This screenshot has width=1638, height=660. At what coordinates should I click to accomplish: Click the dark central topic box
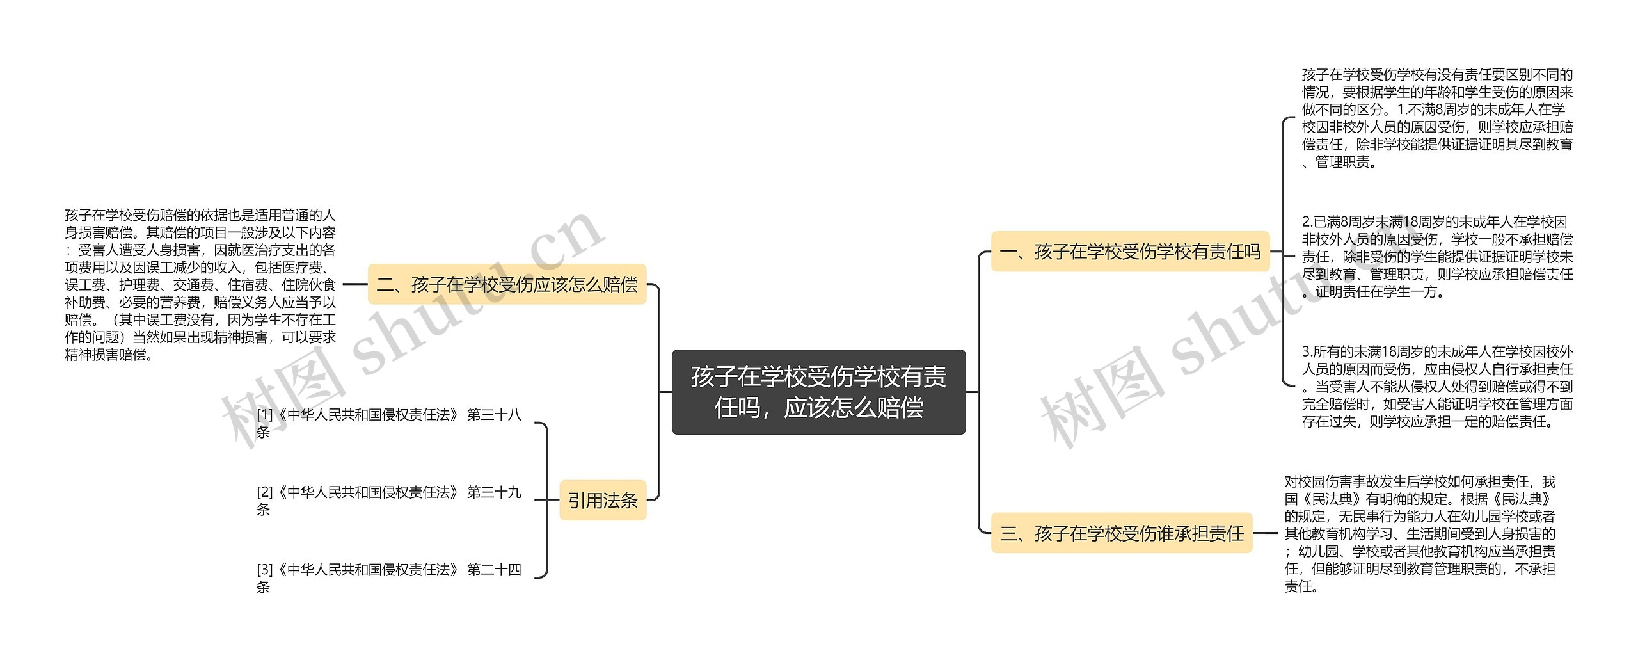coord(818,392)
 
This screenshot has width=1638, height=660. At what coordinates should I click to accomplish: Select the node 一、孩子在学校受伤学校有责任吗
coord(1130,252)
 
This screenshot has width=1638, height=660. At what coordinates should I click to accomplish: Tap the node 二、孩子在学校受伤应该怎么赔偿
coord(507,284)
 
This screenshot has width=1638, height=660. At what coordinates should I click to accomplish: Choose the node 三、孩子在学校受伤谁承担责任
coord(1121,533)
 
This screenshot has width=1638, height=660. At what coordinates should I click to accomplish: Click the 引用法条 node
coord(603,500)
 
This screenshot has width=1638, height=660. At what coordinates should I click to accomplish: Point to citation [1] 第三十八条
coord(388,423)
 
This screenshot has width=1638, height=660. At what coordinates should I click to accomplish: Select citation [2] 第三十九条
coord(388,500)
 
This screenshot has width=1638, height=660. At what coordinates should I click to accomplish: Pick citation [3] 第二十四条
coord(388,577)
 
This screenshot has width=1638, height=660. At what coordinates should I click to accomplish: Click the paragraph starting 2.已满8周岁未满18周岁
coord(1436,257)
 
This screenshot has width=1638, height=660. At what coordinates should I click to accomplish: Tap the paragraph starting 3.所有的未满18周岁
coord(1436,386)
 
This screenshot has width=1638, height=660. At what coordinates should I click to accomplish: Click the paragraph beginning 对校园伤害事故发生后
coord(1419,533)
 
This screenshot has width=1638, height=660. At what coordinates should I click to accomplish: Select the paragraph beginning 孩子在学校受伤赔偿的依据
coord(200,284)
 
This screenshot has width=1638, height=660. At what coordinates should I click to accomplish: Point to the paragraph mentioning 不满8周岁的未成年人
coord(1436,118)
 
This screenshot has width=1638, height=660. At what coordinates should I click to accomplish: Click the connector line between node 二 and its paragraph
coord(355,284)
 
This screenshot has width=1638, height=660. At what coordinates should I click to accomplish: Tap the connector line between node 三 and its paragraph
coord(1267,533)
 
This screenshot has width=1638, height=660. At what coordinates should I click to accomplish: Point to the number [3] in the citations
coord(264,569)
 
